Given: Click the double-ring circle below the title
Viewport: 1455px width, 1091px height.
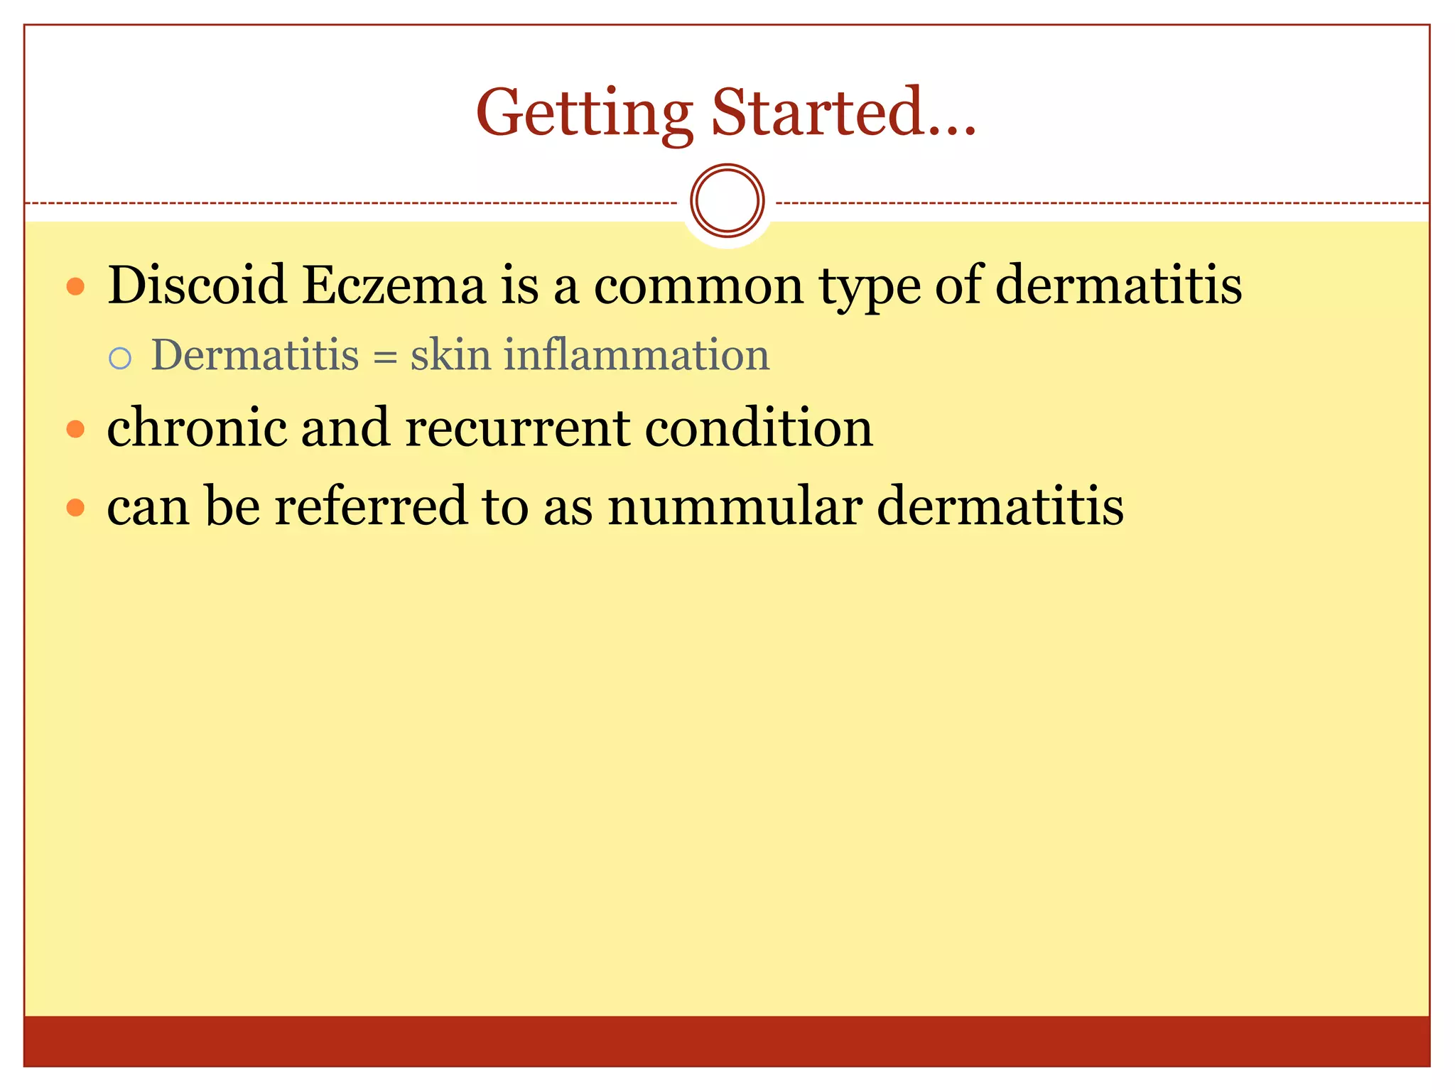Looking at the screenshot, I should [x=727, y=201].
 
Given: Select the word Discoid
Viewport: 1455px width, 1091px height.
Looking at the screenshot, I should [x=197, y=285].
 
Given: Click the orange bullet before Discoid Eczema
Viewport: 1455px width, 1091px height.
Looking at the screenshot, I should [x=75, y=287].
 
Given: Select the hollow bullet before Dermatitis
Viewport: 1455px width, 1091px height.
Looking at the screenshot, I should [x=120, y=358].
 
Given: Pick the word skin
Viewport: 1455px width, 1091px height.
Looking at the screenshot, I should [x=450, y=354].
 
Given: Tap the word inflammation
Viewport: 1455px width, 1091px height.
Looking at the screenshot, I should [x=637, y=354].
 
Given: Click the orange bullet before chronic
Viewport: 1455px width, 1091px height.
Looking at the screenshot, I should [x=75, y=429].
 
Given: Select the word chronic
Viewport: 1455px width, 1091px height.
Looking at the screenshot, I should [x=196, y=428].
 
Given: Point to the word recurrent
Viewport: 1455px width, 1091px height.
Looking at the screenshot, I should [x=517, y=428].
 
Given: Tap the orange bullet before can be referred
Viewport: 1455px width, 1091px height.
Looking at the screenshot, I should [x=75, y=507].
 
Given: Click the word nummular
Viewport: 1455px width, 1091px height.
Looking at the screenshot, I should [x=735, y=506].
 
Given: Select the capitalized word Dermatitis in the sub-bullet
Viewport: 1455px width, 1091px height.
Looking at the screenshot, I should [x=255, y=354].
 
